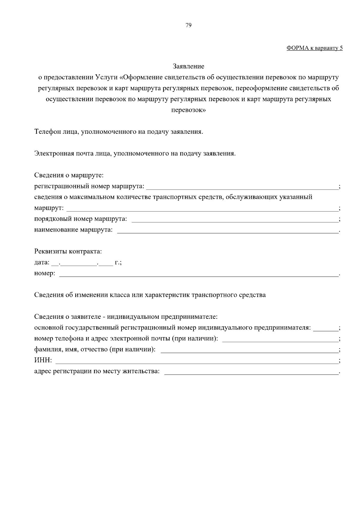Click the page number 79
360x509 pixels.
[188, 25]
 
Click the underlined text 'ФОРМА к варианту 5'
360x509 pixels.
[314, 48]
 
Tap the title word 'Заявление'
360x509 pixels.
[188, 66]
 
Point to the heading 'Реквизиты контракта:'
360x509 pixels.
[68, 251]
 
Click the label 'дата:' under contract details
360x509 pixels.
[42, 262]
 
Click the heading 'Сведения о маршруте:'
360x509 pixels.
[69, 175]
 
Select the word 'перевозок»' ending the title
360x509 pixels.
[188, 110]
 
